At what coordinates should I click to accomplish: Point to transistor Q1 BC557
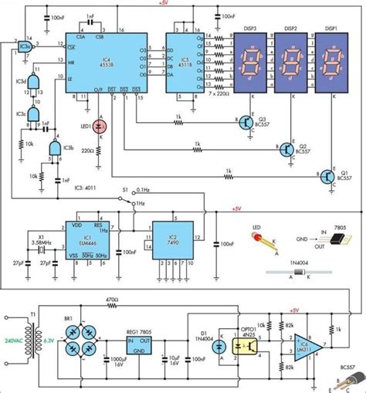(x=330, y=178)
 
